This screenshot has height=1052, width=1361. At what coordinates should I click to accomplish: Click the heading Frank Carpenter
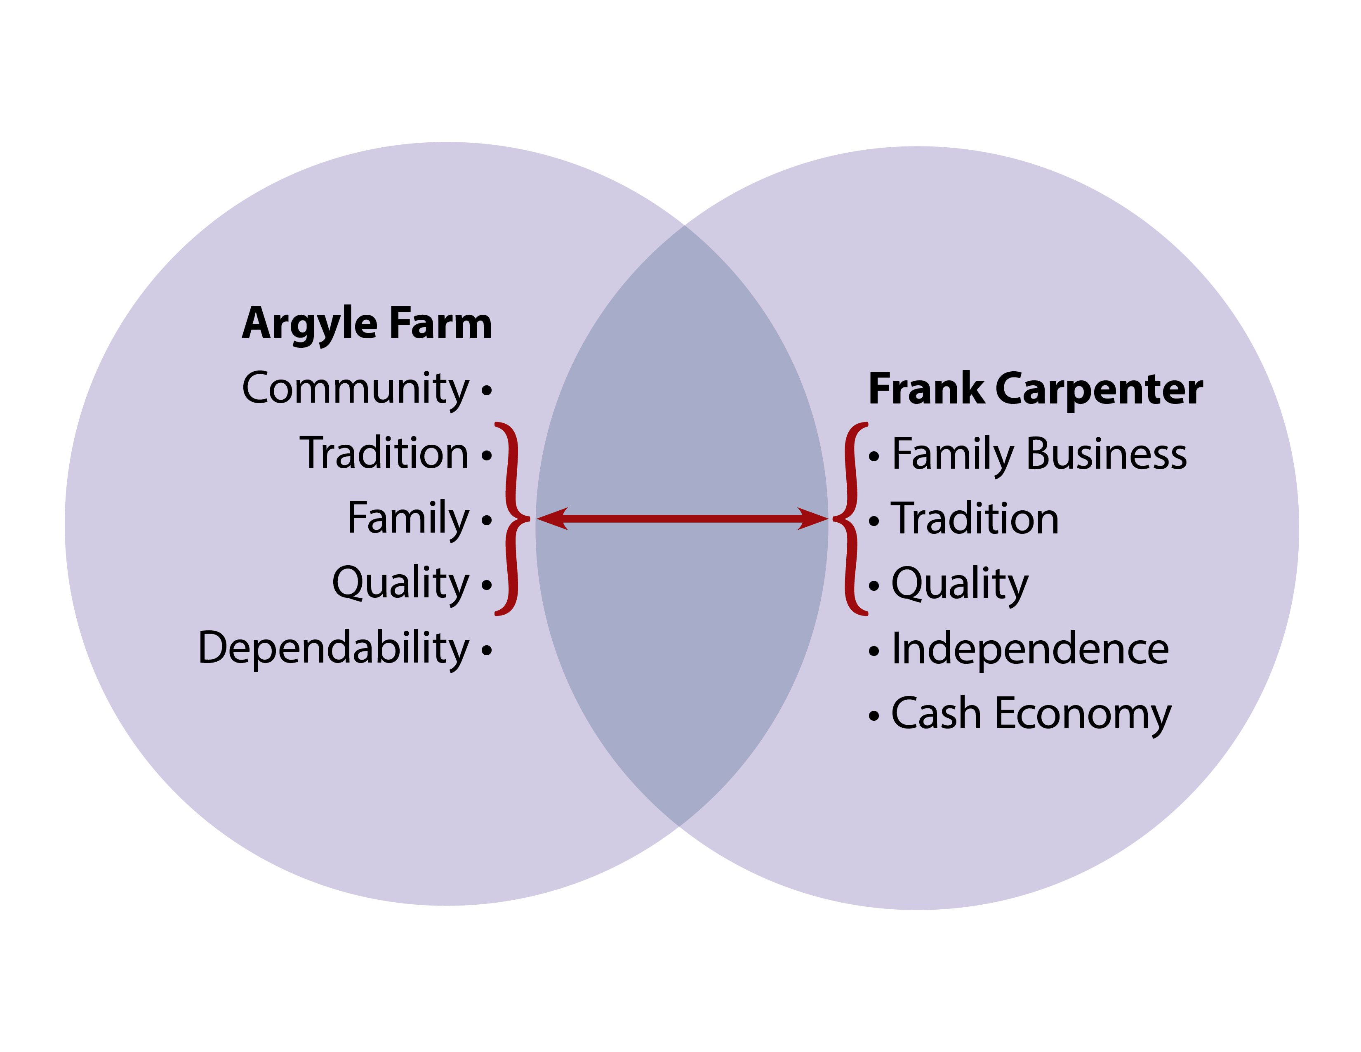pyautogui.click(x=1035, y=389)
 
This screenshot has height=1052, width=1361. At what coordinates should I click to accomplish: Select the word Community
pyautogui.click(x=355, y=389)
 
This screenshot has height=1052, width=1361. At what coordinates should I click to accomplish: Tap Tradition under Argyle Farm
pyautogui.click(x=384, y=454)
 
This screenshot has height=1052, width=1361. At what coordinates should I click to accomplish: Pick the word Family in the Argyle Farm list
pyautogui.click(x=408, y=519)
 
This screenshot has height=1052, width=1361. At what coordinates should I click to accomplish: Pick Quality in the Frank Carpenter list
pyautogui.click(x=960, y=585)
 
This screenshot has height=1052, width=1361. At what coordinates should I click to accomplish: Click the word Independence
pyautogui.click(x=1030, y=649)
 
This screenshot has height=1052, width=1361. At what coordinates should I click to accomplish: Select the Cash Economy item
pyautogui.click(x=1031, y=714)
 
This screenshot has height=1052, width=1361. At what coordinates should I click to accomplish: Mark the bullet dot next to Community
pyautogui.click(x=487, y=391)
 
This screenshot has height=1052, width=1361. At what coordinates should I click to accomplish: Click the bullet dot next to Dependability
pyautogui.click(x=487, y=651)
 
